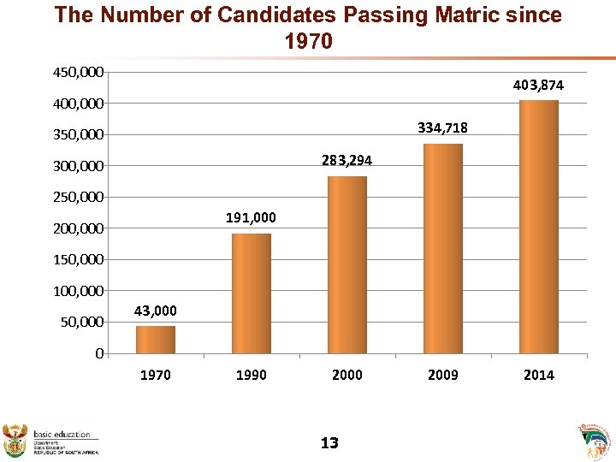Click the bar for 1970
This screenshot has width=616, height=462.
155,340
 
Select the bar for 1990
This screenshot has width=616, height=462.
251,293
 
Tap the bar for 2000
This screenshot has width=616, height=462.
346,264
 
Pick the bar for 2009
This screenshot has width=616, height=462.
442,248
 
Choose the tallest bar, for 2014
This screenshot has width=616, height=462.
538,227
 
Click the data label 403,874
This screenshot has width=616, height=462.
538,86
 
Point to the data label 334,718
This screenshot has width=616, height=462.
442,128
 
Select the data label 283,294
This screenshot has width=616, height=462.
346,161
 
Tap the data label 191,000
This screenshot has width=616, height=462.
251,218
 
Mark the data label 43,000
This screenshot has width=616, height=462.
155,311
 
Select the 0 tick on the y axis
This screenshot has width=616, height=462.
99,353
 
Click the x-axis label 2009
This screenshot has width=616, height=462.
442,375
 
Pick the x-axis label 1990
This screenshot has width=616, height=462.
251,375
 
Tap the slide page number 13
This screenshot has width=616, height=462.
329,442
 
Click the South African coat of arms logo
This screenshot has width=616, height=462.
15,438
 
